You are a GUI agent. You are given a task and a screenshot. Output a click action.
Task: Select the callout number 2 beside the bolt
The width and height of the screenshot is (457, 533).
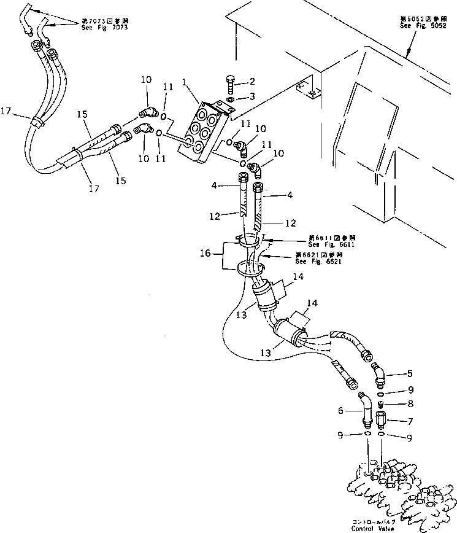251,81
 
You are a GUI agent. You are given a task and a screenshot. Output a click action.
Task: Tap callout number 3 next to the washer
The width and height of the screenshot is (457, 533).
251,97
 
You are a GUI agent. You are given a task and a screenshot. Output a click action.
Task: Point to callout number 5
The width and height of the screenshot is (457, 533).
410,373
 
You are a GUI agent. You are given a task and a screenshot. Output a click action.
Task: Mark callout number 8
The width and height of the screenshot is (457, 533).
410,404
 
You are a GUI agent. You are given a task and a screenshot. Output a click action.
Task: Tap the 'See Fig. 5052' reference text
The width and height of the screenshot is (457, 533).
420,26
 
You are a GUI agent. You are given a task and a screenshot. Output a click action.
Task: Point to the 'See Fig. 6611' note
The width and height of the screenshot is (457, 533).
332,243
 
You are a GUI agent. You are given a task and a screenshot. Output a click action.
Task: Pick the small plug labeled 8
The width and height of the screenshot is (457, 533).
381,404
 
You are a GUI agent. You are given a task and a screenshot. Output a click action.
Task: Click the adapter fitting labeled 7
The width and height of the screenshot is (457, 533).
381,421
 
